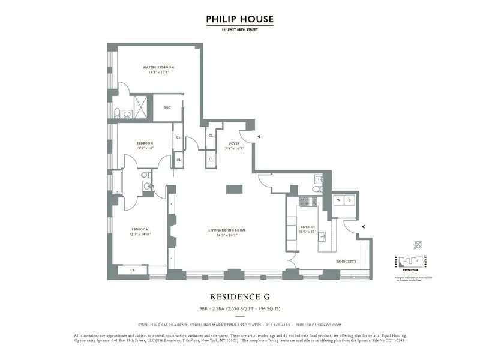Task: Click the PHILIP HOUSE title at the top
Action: [x=239, y=19]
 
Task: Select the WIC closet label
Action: [x=167, y=109]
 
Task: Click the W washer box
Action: [x=339, y=200]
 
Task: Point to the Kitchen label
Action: [x=308, y=227]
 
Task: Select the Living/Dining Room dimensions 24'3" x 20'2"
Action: [x=231, y=235]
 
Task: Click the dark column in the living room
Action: [x=235, y=189]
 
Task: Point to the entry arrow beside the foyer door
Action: [x=259, y=137]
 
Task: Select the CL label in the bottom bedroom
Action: [x=133, y=271]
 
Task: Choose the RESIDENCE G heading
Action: [x=239, y=296]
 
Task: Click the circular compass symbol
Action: [x=418, y=245]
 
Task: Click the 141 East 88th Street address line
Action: [x=239, y=29]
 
